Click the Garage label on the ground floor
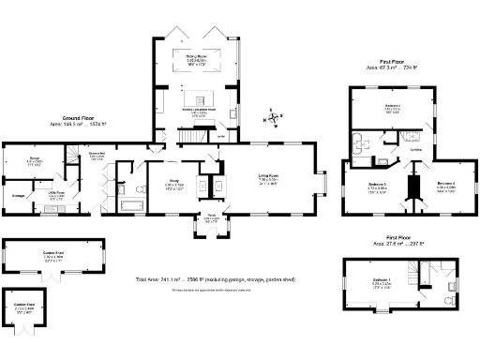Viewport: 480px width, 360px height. point(34,159)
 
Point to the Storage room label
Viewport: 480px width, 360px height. point(18,195)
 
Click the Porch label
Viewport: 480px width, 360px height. point(212,219)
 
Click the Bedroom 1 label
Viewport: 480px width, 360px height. point(382,280)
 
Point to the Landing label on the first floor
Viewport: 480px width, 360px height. point(414,150)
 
